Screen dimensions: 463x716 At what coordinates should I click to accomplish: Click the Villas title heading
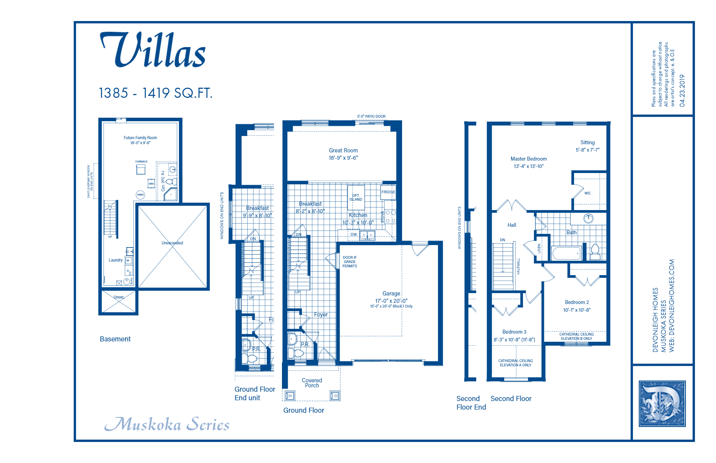[x=153, y=51]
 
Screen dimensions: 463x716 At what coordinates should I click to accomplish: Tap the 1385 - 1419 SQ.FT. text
[x=155, y=93]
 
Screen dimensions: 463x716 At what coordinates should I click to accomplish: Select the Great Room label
[x=343, y=150]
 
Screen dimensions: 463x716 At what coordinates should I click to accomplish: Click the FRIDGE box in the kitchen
[x=388, y=192]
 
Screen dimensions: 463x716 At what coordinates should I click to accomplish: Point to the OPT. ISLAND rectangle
[x=356, y=197]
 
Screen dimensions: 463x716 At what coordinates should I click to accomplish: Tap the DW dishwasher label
[x=353, y=235]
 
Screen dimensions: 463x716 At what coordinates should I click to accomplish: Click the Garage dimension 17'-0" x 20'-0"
[x=391, y=301]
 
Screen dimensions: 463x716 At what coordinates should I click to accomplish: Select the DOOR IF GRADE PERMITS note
[x=349, y=262]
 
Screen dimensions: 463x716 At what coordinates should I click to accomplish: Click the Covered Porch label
[x=312, y=383]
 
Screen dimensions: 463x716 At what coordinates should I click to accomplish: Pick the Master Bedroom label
[x=528, y=159]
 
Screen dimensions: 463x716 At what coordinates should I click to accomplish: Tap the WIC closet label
[x=587, y=193]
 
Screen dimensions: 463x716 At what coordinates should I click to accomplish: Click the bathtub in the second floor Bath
[x=567, y=254]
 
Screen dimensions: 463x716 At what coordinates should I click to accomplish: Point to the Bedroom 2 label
[x=577, y=302]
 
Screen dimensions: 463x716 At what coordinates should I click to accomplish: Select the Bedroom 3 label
[x=514, y=332]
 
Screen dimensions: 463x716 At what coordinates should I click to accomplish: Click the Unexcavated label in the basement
[x=172, y=243]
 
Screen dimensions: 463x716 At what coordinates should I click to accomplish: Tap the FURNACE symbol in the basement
[x=141, y=169]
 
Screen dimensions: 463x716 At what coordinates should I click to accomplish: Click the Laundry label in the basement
[x=115, y=260]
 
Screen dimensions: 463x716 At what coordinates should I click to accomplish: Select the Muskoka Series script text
[x=167, y=424]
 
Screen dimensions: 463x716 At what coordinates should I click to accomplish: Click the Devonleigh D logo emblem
[x=662, y=404]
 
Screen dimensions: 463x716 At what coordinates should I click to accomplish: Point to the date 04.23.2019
[x=682, y=90]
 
